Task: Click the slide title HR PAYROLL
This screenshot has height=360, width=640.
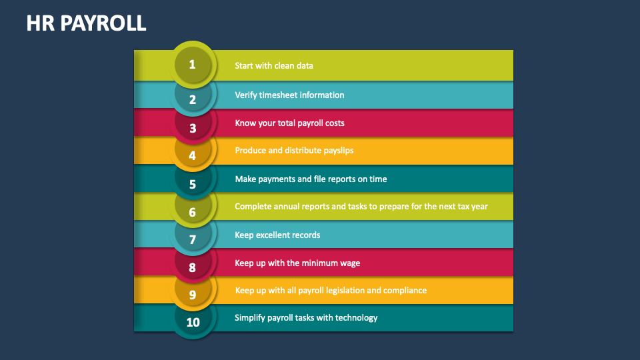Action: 86,24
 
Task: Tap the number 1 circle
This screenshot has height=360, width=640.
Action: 193,65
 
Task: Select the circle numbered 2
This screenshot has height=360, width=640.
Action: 193,99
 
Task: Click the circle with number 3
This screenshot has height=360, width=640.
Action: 193,128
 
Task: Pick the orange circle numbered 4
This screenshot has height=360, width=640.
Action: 193,156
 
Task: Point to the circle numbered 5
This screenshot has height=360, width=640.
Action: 193,184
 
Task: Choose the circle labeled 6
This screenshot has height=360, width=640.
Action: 193,212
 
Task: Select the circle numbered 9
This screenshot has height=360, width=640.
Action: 193,295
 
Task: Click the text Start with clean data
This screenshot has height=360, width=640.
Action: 273,66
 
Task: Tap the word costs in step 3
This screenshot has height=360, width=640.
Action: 333,123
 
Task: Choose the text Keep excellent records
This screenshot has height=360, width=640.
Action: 277,235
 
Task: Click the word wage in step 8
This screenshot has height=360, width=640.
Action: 349,263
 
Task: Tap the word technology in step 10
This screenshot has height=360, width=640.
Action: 356,317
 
